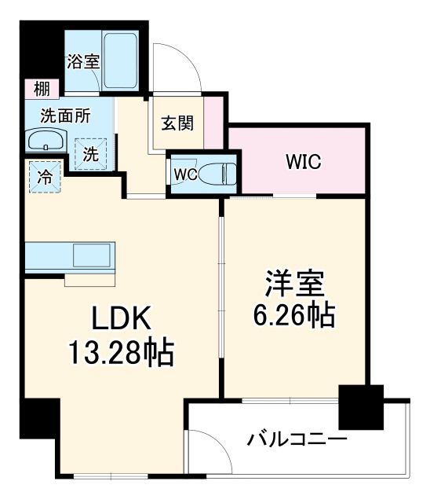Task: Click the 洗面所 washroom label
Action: (x=66, y=115)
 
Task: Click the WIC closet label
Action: (x=303, y=163)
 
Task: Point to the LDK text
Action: (x=115, y=320)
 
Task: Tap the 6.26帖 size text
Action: (x=293, y=316)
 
